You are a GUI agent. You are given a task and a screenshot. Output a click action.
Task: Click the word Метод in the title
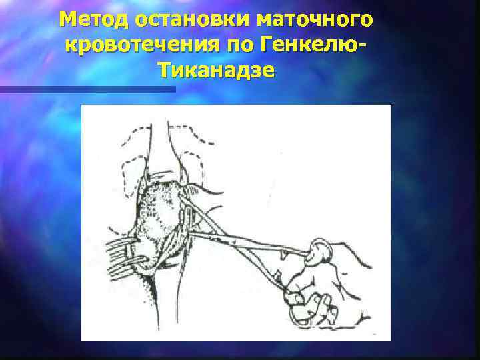click(93, 20)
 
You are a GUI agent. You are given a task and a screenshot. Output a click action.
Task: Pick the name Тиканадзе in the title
click(216, 70)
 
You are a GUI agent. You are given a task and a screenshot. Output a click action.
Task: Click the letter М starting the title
click(67, 20)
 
